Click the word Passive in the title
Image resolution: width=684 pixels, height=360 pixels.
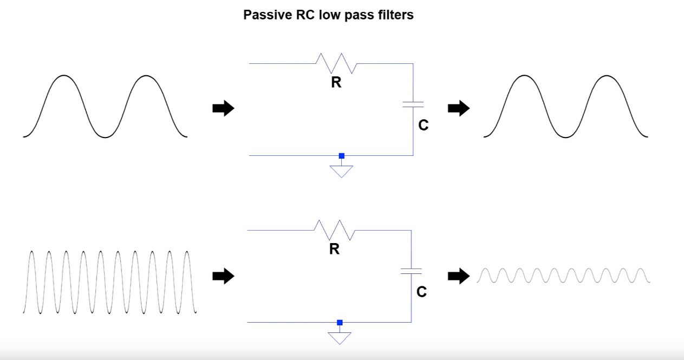coord(268,15)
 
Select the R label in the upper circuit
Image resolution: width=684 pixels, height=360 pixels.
coord(336,82)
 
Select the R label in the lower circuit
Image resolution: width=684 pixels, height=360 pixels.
coord(334,249)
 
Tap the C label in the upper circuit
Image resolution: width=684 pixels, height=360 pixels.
coord(424,125)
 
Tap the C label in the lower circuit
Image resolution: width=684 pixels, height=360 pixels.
coord(422,292)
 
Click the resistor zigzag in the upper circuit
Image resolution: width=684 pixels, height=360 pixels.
coord(336,63)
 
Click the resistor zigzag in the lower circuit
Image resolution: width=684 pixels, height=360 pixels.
coord(335,230)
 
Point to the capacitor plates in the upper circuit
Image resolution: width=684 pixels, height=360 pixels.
coord(413,104)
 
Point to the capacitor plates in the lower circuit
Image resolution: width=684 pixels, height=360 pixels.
coord(411,271)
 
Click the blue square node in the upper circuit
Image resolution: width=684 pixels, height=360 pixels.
coord(342,156)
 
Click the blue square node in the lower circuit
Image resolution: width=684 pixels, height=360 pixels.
coord(340,323)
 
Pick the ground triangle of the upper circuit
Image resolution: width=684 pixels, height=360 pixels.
coord(341,170)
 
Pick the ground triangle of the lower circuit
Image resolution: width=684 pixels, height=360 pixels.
coord(340,337)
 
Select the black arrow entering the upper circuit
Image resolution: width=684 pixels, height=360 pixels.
coord(223,108)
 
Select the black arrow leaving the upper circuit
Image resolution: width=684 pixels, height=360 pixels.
coord(459,108)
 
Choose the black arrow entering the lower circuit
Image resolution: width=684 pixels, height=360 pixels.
coord(223,276)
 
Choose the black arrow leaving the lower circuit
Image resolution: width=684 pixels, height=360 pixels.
coord(459,276)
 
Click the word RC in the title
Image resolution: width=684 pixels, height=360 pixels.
coord(305,15)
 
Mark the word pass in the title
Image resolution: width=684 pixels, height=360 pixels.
coord(359,16)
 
